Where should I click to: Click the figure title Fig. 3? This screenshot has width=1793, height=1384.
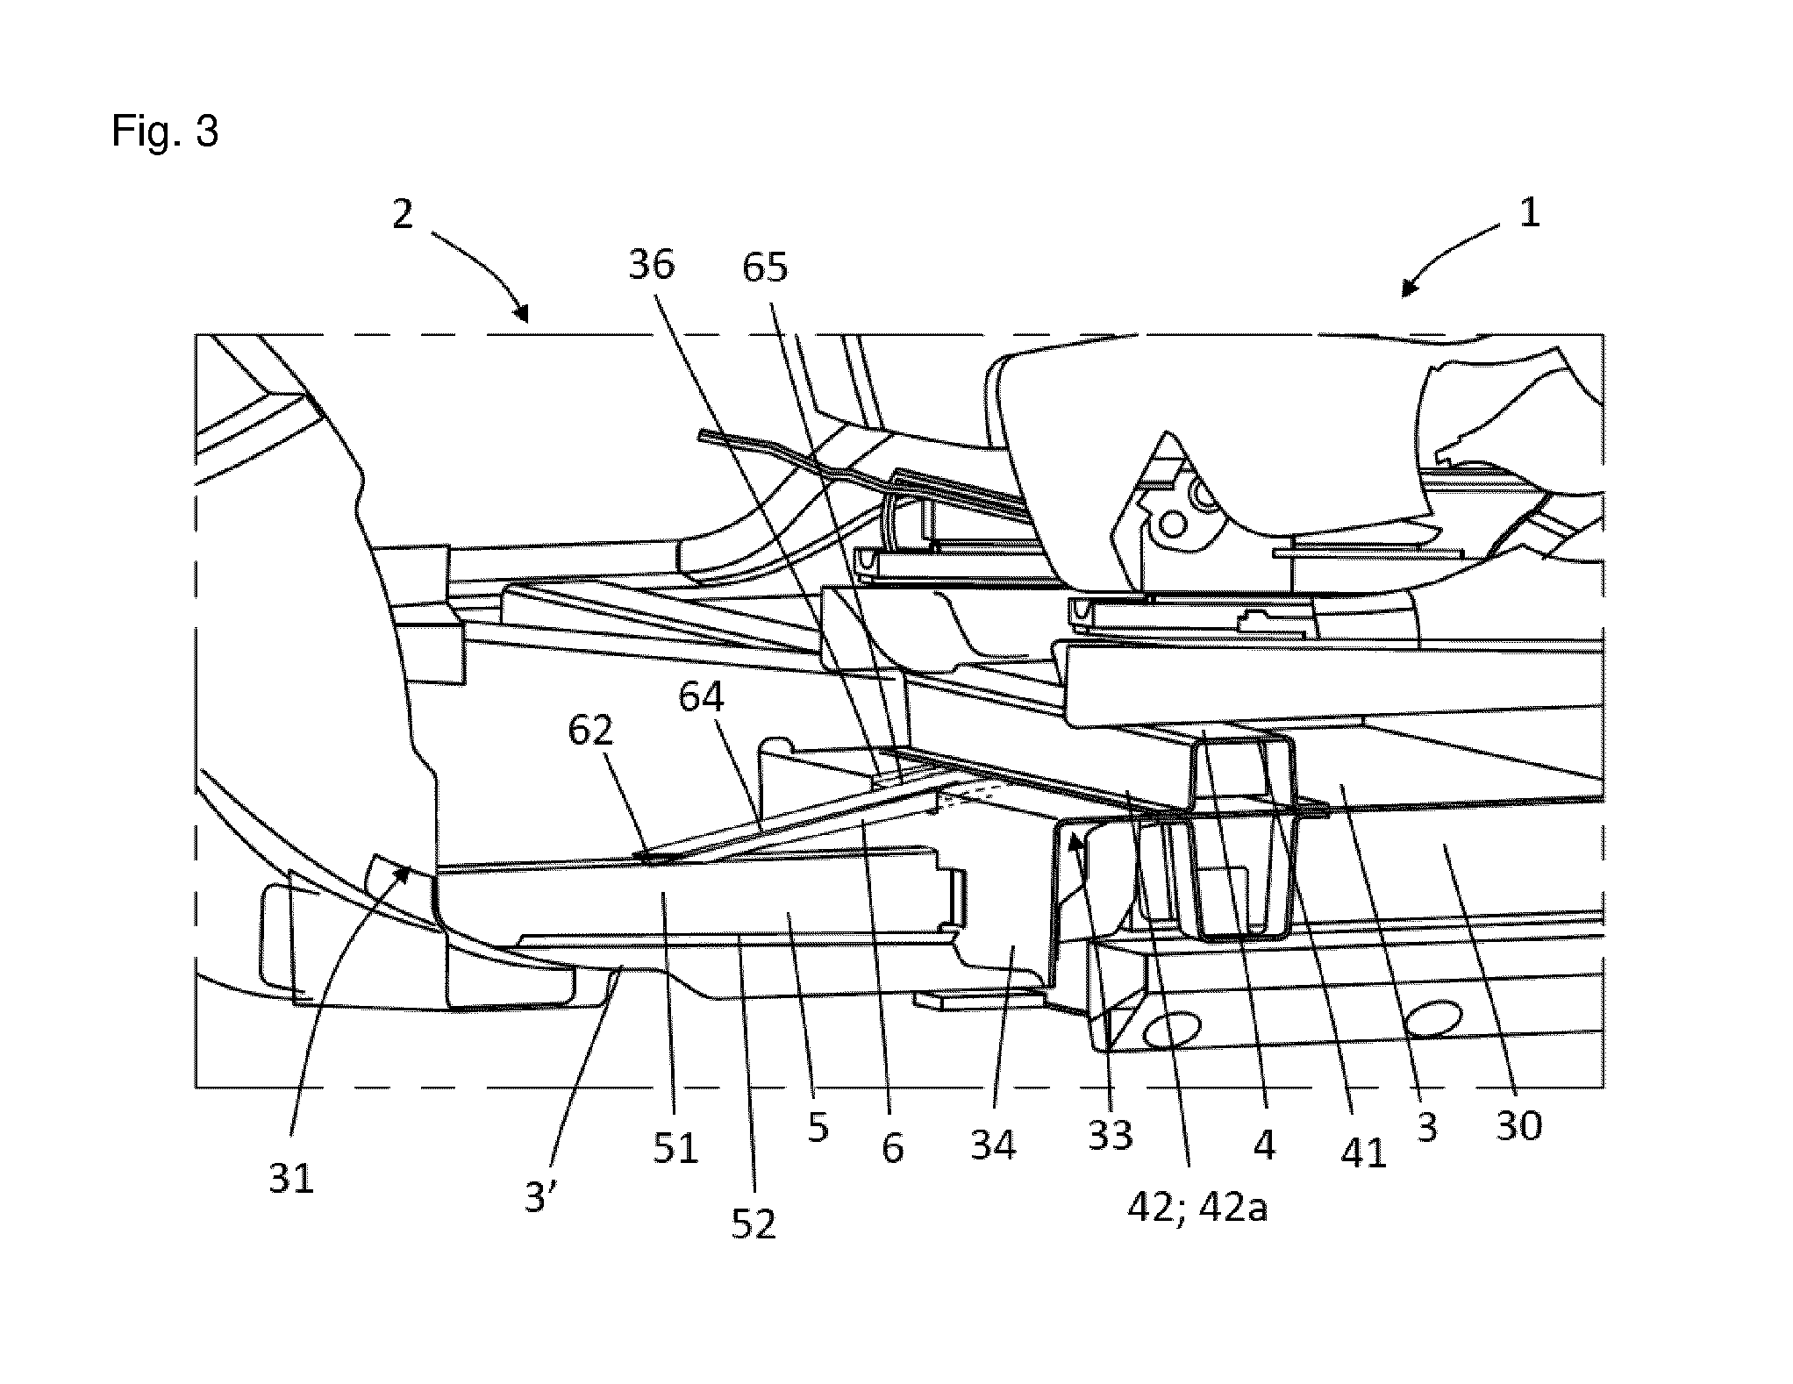165,131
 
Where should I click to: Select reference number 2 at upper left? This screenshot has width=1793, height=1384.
403,213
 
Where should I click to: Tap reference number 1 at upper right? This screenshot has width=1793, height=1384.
1529,213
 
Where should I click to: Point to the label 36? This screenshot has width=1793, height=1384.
652,264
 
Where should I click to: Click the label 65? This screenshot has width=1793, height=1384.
765,268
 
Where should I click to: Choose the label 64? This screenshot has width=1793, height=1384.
702,697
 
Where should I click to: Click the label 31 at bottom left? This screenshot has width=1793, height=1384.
291,1180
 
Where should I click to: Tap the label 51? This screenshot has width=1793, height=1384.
675,1148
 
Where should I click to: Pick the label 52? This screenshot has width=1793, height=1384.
754,1223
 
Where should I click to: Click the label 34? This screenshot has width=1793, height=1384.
993,1145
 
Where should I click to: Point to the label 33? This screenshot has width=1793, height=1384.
1111,1136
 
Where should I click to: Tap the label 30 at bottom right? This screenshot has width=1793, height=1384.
1518,1125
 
